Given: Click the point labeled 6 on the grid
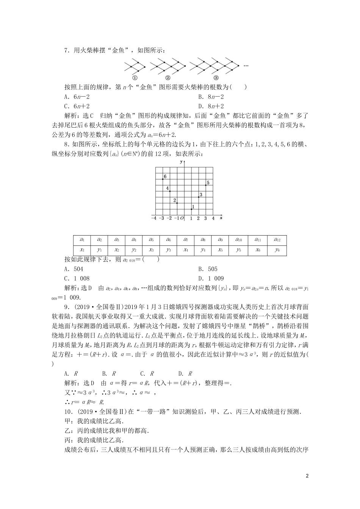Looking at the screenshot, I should click(x=163, y=179).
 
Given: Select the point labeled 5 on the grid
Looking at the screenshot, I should click(x=206, y=185).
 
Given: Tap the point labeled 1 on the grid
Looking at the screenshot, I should click(x=191, y=209).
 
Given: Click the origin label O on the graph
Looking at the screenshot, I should click(x=182, y=218).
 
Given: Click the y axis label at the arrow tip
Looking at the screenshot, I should click(x=182, y=162).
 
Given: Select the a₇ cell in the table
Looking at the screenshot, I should click(x=186, y=240).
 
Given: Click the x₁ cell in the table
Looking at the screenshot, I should click(x=82, y=250).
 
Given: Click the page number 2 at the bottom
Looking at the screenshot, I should click(x=307, y=476).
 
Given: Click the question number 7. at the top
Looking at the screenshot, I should click(x=67, y=50).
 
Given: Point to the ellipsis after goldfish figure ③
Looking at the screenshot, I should click(x=246, y=66).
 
